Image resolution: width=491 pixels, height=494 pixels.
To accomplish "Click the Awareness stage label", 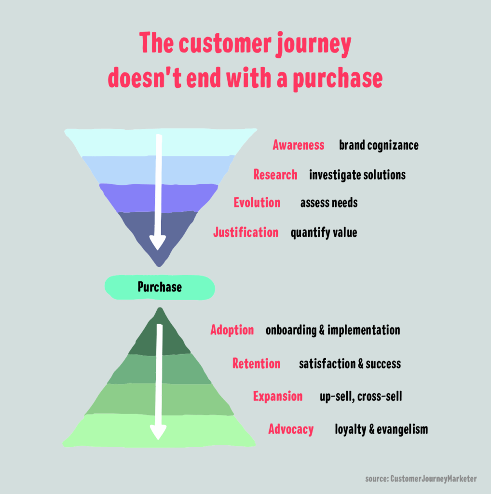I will tap(298, 145).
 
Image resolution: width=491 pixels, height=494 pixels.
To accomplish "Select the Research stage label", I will tap(275, 174).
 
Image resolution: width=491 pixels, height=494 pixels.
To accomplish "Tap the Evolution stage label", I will tap(257, 202).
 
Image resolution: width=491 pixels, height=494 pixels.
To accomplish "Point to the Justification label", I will tap(245, 232).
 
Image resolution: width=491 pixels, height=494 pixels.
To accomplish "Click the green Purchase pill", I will tap(160, 287).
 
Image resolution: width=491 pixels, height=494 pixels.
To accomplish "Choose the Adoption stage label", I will tap(232, 330).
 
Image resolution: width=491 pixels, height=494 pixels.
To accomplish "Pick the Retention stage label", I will tap(256, 363).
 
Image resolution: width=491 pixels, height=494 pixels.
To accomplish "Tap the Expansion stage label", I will tap(278, 396).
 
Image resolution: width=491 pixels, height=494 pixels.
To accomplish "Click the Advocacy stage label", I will tap(291, 429).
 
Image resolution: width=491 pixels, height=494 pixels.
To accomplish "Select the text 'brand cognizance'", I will tap(379, 145).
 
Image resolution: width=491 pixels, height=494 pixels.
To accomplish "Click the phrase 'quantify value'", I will tap(324, 233).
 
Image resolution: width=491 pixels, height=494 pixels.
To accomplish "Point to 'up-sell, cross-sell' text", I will tap(361, 397).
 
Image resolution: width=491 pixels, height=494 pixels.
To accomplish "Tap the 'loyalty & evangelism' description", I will tap(381, 429).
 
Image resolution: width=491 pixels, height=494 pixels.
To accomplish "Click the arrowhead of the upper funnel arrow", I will tap(157, 241).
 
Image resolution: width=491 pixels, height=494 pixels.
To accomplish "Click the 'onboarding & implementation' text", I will tap(333, 330).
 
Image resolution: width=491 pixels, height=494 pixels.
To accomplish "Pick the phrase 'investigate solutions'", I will tap(357, 174).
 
